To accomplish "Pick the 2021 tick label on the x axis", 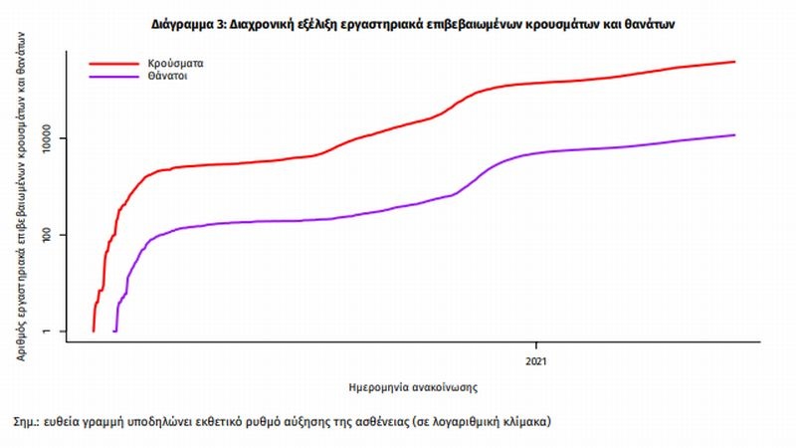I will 538,360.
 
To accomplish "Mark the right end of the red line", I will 734,62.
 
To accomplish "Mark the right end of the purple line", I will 734,135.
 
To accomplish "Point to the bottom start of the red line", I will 94,331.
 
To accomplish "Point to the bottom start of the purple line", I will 115,331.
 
